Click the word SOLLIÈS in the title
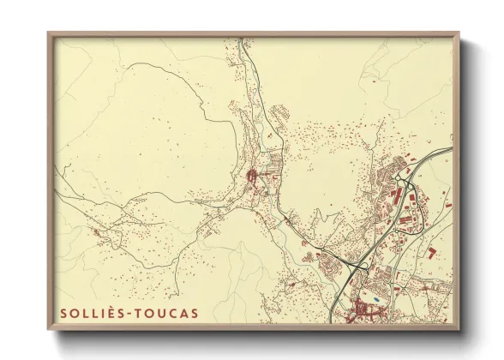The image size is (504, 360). tap(89, 313)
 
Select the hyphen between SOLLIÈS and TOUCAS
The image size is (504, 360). tap(129, 314)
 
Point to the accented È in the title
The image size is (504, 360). tap(111, 313)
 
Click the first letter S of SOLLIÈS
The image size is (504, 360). tap(63, 313)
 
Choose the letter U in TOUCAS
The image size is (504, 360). tap(160, 313)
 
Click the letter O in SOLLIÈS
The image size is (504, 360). tap(75, 313)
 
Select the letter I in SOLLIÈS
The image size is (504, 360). tap(103, 313)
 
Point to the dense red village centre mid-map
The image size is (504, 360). tap(254, 178)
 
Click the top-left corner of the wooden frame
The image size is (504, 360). tap(49, 33)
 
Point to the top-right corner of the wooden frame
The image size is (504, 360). tap(459, 33)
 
